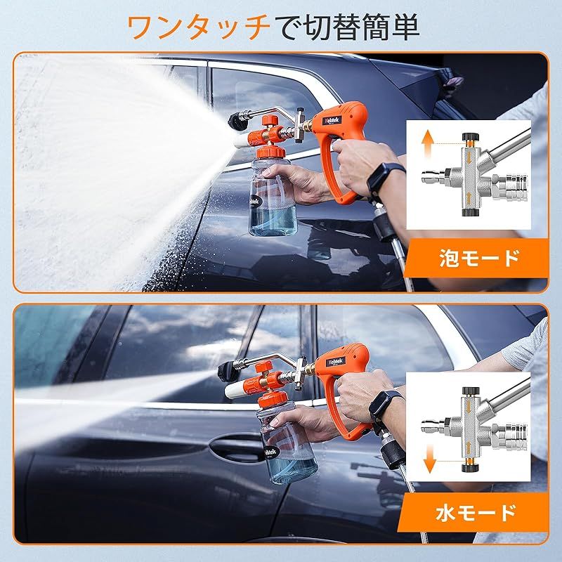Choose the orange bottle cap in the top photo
click(273, 152)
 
